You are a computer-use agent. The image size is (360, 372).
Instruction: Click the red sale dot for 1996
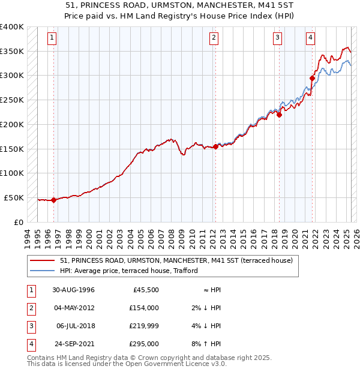53,200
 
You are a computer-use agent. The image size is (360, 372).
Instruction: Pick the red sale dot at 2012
215,146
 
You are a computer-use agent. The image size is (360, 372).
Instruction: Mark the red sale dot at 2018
279,115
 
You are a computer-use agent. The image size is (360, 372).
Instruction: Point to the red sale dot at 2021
312,78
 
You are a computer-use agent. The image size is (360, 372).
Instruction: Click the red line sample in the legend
43,261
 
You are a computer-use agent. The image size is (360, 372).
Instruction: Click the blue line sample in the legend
43,271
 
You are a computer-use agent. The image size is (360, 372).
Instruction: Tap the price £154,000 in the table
145,307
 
